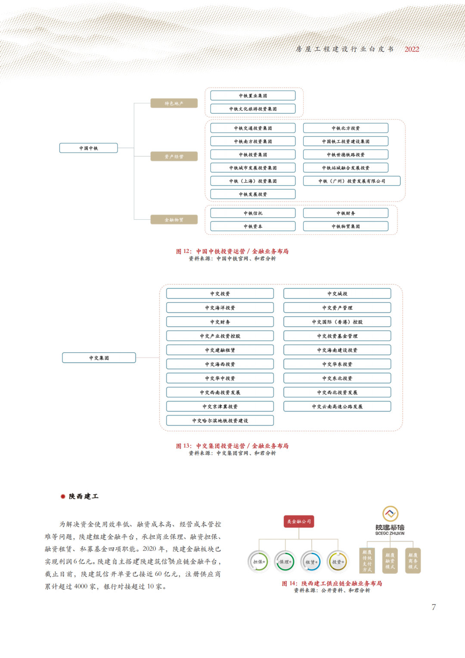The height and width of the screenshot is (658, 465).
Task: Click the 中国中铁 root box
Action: (x=88, y=148)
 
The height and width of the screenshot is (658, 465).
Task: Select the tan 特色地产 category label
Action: (x=174, y=103)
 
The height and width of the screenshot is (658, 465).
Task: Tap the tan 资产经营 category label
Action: (x=174, y=156)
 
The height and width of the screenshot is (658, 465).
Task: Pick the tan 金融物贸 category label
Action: (x=174, y=220)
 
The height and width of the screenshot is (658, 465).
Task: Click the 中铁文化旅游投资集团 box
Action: (x=253, y=109)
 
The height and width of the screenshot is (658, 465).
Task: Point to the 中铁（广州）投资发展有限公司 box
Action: (x=352, y=181)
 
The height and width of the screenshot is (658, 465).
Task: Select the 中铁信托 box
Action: (x=253, y=213)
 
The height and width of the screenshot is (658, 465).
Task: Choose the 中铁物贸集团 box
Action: (x=346, y=226)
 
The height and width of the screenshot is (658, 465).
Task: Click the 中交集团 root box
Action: (x=99, y=358)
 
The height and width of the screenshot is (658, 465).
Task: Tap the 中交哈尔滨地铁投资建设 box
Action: (x=220, y=421)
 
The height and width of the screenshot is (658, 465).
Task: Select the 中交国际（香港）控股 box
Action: (x=337, y=322)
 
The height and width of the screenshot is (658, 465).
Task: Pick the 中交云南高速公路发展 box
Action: (x=337, y=406)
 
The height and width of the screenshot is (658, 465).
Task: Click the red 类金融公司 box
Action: (x=299, y=521)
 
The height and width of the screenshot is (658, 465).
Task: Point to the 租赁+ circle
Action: (x=311, y=561)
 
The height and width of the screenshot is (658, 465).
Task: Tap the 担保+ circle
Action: (x=259, y=561)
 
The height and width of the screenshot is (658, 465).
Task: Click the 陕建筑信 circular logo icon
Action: (x=390, y=514)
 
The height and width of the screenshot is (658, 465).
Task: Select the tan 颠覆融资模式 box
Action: (x=390, y=561)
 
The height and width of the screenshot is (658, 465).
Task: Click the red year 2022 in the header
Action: (x=412, y=49)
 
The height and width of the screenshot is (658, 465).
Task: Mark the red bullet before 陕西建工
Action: (x=63, y=496)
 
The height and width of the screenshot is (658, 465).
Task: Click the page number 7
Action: (x=434, y=607)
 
